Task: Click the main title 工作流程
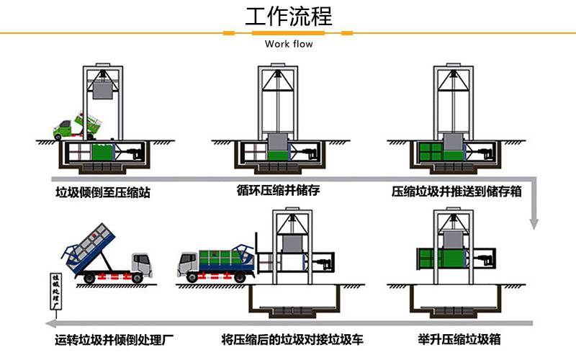pos(289,16)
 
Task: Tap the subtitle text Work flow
pos(289,44)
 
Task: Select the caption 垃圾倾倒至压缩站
pos(103,192)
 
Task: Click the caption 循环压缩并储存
pos(278,190)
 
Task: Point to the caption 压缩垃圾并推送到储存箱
pos(456,192)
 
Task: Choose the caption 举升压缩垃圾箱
pos(459,339)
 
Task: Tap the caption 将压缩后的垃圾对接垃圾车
pos(292,339)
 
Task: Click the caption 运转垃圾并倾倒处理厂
pos(114,339)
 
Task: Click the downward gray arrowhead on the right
pos(534,224)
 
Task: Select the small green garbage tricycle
pos(77,127)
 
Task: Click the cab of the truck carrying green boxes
pos(188,264)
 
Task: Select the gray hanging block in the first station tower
pos(102,91)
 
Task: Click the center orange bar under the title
pos(288,33)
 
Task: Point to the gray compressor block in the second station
pos(278,143)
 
